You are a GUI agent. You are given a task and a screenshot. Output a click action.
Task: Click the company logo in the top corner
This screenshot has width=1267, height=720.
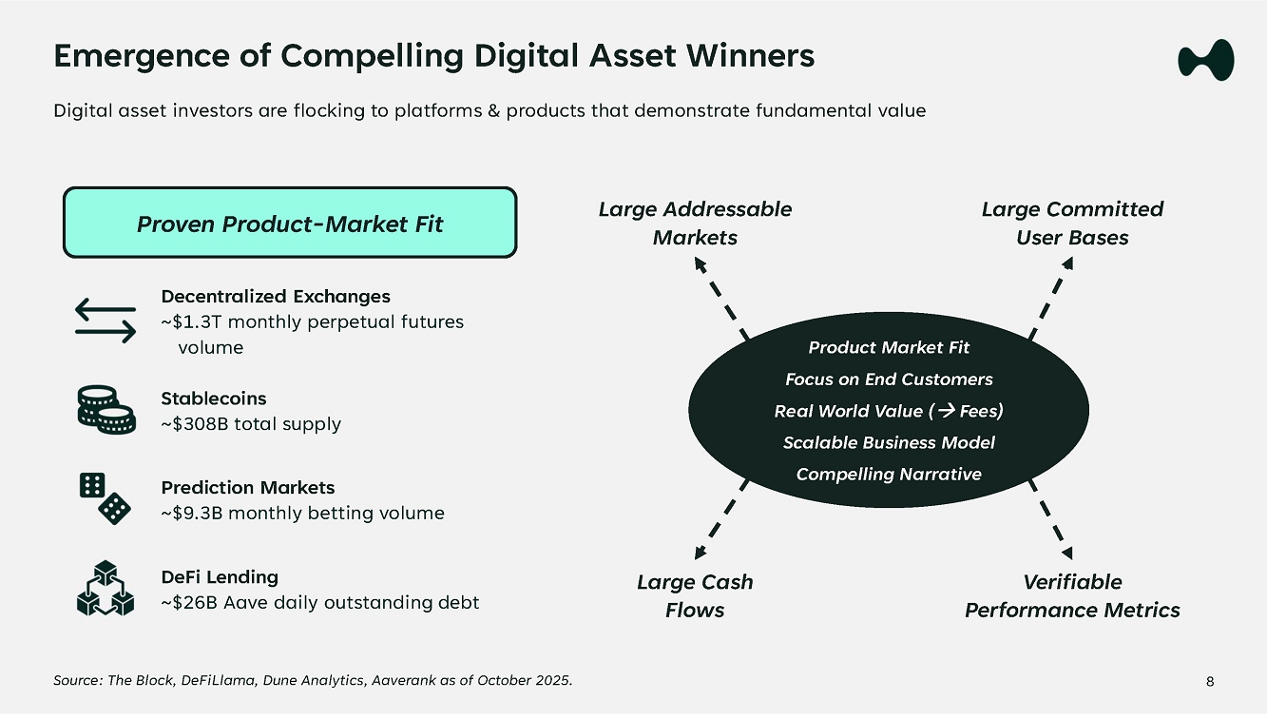1206,60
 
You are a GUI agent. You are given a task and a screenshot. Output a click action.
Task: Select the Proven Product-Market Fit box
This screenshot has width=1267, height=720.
290,223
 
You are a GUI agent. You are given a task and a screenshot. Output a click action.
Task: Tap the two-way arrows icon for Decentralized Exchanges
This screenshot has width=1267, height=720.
106,321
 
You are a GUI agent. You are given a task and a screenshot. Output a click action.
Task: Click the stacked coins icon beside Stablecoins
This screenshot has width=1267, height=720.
106,410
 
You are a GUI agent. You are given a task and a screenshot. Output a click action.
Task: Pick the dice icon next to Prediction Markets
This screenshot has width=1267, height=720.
106,498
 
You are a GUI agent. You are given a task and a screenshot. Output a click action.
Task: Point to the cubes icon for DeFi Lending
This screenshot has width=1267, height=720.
106,588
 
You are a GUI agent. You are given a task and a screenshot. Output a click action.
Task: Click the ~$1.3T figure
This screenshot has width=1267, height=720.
191,322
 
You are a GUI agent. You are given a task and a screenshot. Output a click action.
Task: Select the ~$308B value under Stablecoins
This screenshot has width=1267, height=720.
195,424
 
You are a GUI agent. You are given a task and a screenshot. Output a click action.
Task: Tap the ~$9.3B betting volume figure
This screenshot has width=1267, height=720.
192,514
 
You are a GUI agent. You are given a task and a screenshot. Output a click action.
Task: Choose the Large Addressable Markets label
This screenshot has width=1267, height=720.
695,223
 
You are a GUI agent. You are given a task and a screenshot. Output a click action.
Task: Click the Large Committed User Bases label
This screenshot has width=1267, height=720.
1072,223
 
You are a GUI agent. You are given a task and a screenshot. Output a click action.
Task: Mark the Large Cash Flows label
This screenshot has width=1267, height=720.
695,596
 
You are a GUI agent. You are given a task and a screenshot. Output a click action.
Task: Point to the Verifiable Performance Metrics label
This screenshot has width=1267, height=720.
1072,596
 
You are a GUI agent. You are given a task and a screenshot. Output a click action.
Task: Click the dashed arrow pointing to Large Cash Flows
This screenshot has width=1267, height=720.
721,519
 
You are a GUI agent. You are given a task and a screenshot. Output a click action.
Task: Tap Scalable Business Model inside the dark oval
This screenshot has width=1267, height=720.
889,442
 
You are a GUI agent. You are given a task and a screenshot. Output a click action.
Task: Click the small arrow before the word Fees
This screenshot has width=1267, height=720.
947,410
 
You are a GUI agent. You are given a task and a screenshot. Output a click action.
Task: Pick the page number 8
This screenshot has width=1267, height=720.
1210,682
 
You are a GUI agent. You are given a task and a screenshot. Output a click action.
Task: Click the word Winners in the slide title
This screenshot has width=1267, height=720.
750,56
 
